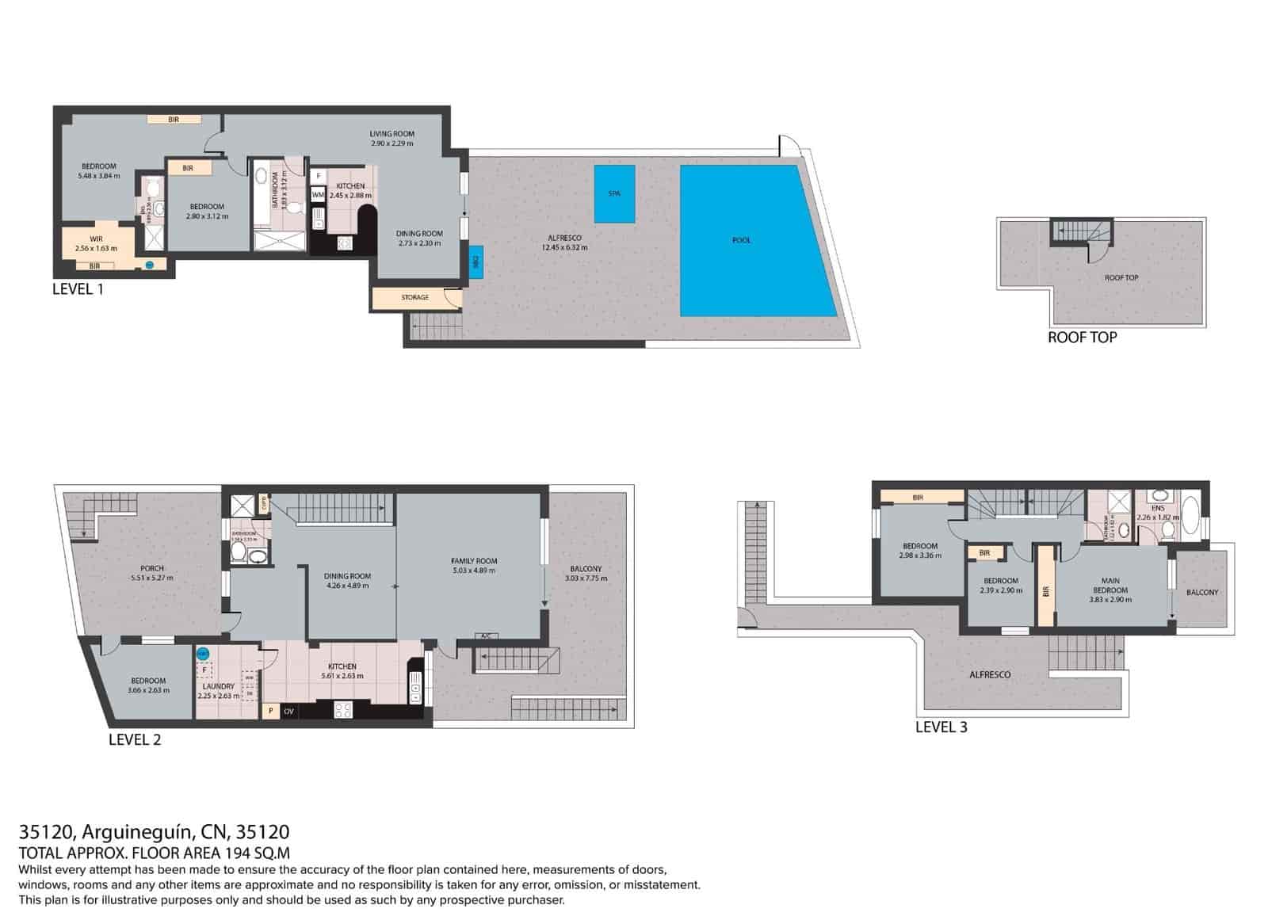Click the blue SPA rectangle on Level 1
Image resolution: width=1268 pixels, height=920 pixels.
(614, 193)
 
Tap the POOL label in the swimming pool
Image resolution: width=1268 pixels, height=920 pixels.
(741, 240)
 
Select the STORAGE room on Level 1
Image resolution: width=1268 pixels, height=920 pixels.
(415, 297)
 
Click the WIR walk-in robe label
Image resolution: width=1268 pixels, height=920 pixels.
(96, 239)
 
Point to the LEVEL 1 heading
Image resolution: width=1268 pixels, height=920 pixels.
(78, 289)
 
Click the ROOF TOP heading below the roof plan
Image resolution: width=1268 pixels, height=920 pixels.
(1082, 338)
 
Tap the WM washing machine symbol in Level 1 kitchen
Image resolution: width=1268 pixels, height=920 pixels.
(318, 194)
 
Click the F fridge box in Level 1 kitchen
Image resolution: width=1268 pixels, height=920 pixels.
(319, 176)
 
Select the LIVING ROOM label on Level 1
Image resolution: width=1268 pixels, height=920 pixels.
(391, 134)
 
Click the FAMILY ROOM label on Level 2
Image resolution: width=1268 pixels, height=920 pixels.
(474, 561)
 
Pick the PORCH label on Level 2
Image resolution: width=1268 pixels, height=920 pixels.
(152, 568)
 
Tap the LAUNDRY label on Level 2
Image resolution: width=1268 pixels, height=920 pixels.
(219, 686)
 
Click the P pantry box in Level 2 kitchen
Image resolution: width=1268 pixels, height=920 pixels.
(270, 711)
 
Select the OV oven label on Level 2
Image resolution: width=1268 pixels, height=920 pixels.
(289, 712)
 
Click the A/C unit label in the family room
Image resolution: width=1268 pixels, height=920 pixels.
(485, 636)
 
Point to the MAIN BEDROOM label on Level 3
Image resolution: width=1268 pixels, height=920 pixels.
(1109, 586)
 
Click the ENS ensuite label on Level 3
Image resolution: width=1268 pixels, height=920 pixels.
(1157, 508)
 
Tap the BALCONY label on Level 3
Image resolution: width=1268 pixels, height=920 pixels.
(1202, 593)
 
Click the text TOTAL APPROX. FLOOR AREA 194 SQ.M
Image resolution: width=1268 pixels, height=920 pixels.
(155, 853)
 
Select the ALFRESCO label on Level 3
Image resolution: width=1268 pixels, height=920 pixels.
(990, 675)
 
